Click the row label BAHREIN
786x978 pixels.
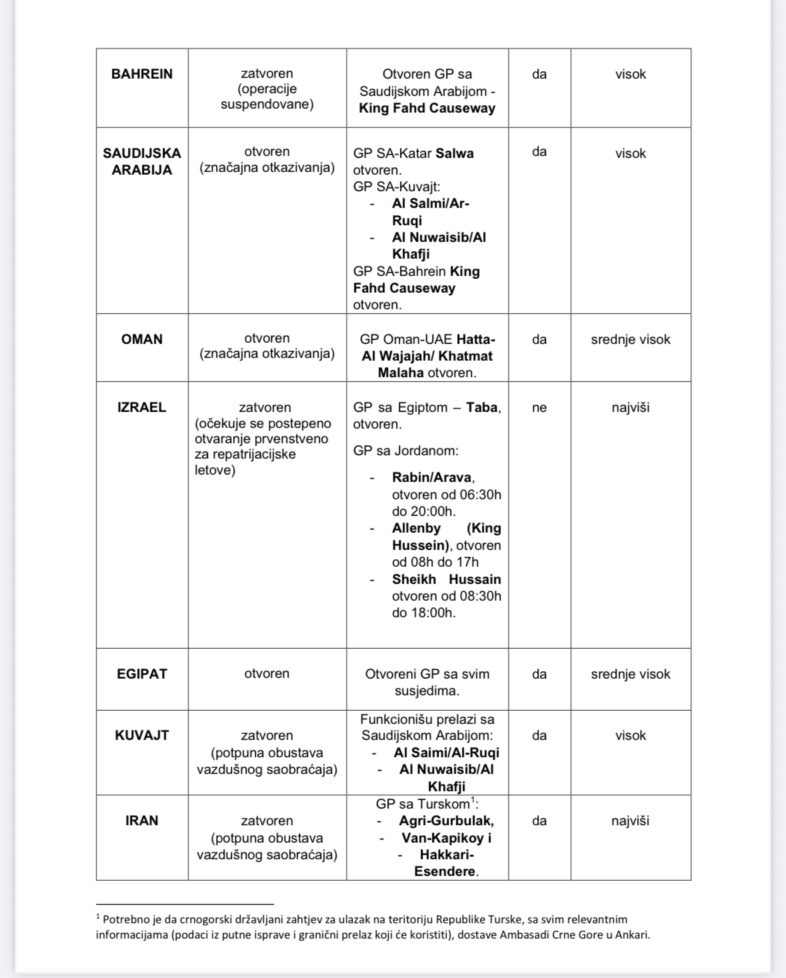click(142, 74)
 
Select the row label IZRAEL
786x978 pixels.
click(142, 407)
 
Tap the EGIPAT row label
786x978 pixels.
click(142, 674)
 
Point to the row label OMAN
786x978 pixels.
click(142, 339)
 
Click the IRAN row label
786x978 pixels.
click(142, 821)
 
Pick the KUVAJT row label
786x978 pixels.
click(142, 735)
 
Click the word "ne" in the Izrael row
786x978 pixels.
click(539, 407)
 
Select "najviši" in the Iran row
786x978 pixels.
click(630, 821)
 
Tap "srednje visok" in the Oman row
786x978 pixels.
click(630, 339)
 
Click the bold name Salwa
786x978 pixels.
click(455, 153)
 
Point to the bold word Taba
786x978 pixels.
click(482, 407)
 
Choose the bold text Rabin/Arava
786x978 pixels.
click(432, 477)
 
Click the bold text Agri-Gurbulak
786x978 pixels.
click(446, 821)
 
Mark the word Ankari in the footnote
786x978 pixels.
click(630, 934)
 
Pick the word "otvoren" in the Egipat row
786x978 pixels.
click(267, 674)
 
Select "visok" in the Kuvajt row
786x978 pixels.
click(630, 735)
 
